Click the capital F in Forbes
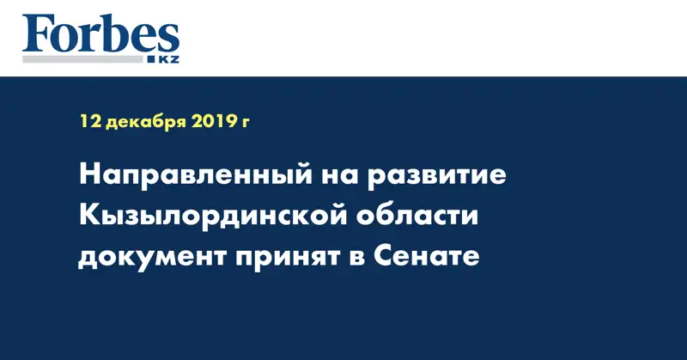[39, 35]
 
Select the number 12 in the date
[89, 123]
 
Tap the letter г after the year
[245, 125]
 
